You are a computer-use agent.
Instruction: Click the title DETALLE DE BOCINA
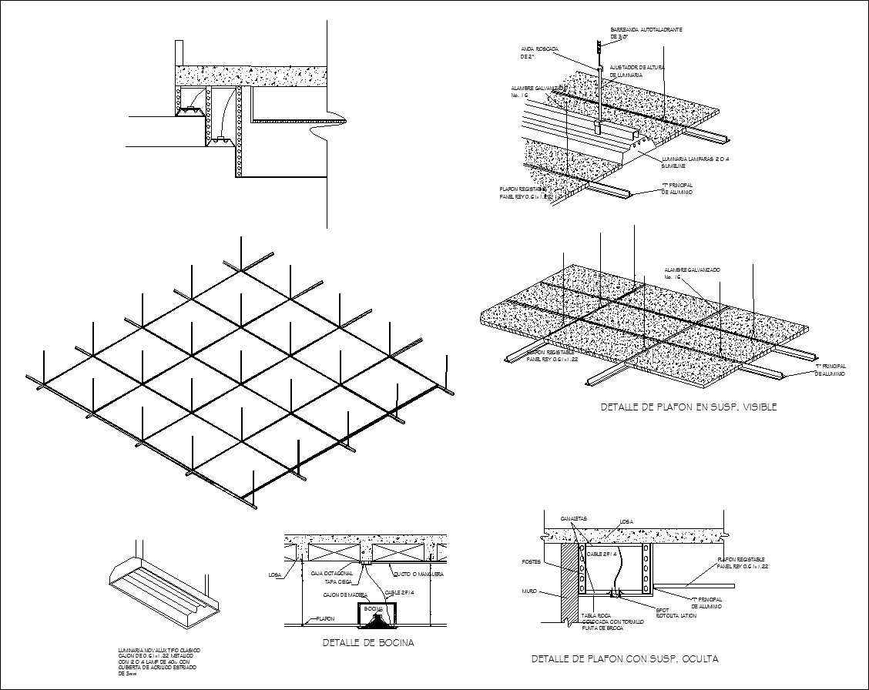click(x=367, y=643)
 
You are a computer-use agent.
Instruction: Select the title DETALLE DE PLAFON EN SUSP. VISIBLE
click(x=688, y=407)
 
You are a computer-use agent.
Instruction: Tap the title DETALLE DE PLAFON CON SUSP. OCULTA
click(x=625, y=659)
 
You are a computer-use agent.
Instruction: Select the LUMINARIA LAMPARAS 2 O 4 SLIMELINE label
click(x=695, y=162)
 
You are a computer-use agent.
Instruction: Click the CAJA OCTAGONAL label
click(x=332, y=574)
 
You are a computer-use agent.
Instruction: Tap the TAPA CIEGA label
click(x=338, y=582)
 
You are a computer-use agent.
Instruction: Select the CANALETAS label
click(x=574, y=518)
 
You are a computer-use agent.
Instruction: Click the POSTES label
click(x=532, y=561)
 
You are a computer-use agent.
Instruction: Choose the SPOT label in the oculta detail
click(x=662, y=610)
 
